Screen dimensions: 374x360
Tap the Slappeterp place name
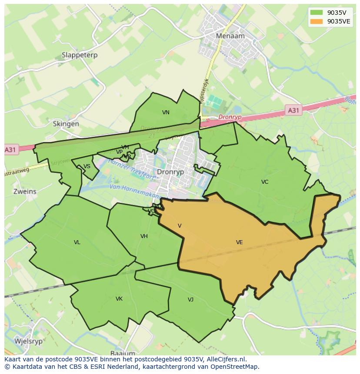[80, 55]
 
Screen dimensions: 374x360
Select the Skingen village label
[66, 124]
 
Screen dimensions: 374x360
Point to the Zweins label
[25, 192]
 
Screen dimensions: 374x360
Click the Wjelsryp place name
[29, 341]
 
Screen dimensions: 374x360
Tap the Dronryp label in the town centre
[170, 172]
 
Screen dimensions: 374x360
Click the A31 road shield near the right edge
[293, 111]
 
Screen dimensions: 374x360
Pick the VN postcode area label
[166, 113]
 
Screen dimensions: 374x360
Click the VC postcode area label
[265, 182]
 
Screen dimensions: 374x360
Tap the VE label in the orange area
[239, 242]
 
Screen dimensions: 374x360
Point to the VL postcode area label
[77, 242]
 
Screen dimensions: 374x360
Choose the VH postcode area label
[144, 236]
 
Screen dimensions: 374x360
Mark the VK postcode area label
[119, 299]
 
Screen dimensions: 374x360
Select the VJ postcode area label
[190, 300]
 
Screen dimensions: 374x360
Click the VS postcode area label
[87, 166]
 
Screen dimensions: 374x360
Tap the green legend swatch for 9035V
[317, 13]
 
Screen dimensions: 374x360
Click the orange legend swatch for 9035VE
[317, 21]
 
